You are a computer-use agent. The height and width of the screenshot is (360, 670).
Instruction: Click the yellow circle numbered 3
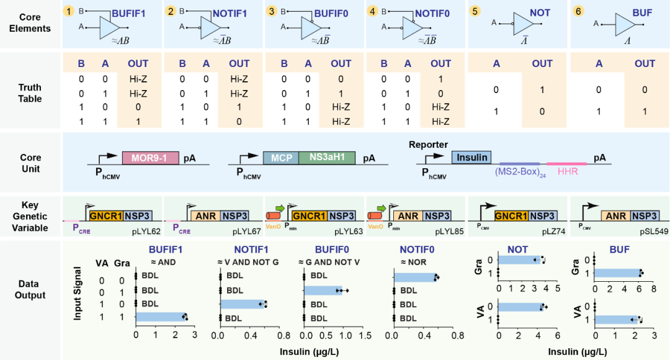coord(271,11)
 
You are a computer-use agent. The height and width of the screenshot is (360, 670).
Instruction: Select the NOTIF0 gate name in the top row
coord(432,14)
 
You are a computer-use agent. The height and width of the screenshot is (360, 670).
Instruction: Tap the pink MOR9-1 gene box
coord(150,158)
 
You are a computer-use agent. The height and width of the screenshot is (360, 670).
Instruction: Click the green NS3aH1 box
coord(327,158)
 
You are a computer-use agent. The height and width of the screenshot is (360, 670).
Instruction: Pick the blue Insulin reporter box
coord(471,157)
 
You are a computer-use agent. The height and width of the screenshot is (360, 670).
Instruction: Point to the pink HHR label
coord(568,171)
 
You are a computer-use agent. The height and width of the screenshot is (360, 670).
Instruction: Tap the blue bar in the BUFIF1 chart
coord(161,317)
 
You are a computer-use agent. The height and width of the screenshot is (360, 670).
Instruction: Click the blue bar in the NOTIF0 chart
coord(414,277)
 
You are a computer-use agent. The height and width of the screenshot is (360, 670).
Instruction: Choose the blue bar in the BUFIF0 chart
coord(323,290)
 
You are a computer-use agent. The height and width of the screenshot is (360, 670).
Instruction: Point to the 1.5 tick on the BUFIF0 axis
coord(365,336)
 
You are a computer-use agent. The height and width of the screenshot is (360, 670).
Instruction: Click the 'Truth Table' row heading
coord(30,92)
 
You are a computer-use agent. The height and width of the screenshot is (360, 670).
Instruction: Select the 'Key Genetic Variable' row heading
coord(30,217)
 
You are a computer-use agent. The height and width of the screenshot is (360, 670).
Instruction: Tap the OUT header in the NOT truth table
coord(542,64)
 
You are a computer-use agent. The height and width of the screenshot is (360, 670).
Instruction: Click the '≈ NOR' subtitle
coord(414,262)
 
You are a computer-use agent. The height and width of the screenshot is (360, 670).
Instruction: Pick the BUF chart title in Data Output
coord(620,250)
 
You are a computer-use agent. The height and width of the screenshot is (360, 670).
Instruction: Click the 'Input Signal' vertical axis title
coord(78,294)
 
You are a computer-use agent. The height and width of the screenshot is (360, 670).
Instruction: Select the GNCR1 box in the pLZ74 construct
coord(511,217)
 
